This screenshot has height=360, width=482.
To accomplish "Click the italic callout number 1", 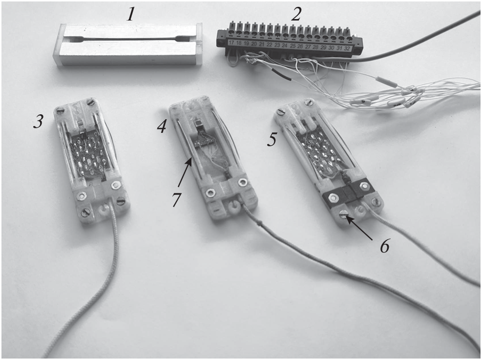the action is pos(130,15).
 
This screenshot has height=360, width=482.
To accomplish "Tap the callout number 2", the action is pos(295,15).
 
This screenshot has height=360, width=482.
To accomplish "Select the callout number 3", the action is pos(38,122).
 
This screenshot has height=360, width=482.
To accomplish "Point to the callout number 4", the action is pos(162,127).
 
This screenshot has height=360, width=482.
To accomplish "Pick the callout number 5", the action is pos(272,140).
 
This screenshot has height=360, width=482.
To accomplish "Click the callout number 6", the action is pos(384,246).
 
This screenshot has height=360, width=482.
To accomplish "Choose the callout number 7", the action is pos(176,200).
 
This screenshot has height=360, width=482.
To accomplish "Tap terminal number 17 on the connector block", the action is pos(231,42).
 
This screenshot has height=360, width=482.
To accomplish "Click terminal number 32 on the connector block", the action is pos(347,48).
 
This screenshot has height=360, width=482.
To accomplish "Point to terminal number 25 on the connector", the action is pos(293,45).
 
